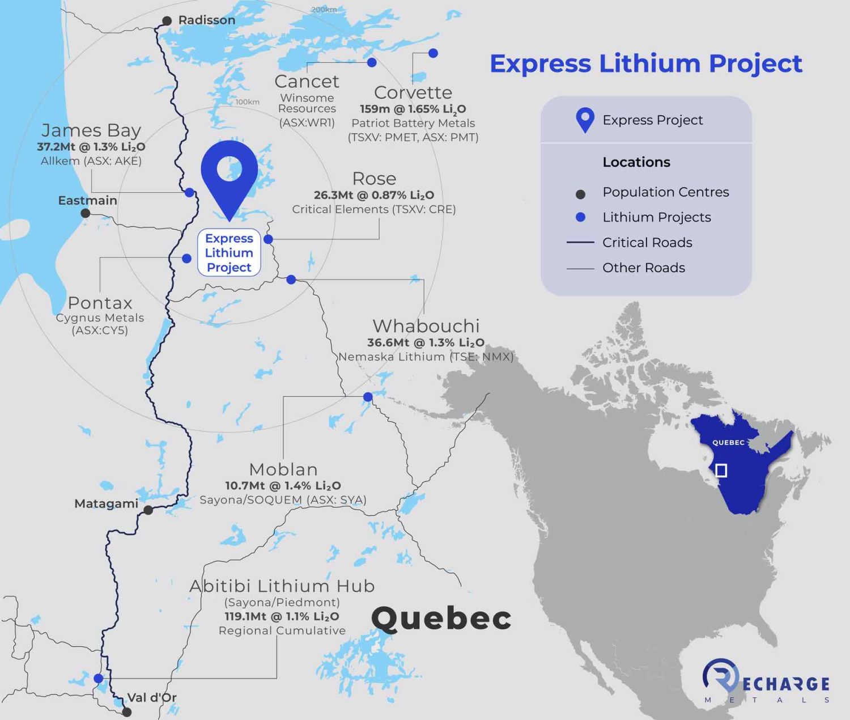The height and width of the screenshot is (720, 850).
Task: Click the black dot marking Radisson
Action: click(x=167, y=21)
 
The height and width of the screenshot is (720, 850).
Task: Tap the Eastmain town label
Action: click(x=88, y=200)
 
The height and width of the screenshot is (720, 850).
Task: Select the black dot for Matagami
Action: click(x=148, y=510)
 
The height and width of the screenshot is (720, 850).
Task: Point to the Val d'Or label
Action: click(x=152, y=697)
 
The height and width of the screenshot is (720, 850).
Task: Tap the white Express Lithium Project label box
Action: click(x=229, y=253)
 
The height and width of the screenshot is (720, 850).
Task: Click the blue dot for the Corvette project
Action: click(x=433, y=53)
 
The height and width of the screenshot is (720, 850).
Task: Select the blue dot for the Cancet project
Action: click(x=372, y=62)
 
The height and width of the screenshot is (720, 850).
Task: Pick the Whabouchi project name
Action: click(x=426, y=326)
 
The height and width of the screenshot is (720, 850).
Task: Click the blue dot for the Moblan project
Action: click(x=368, y=397)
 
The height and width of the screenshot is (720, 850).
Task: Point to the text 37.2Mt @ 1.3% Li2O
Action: click(x=91, y=147)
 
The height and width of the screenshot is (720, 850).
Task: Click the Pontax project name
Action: click(x=100, y=303)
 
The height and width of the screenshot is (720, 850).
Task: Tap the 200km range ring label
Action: click(x=324, y=10)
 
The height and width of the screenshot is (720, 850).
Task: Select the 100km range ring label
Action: click(x=247, y=102)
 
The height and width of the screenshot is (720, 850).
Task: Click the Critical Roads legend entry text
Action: click(x=647, y=243)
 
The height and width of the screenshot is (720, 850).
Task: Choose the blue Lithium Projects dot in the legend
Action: click(x=580, y=217)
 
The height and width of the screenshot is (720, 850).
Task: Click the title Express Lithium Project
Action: click(x=645, y=63)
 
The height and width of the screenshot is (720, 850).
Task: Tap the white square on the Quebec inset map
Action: click(x=721, y=470)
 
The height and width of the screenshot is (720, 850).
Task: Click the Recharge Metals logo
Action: click(x=766, y=680)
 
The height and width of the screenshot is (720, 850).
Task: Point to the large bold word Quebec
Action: click(x=441, y=618)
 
